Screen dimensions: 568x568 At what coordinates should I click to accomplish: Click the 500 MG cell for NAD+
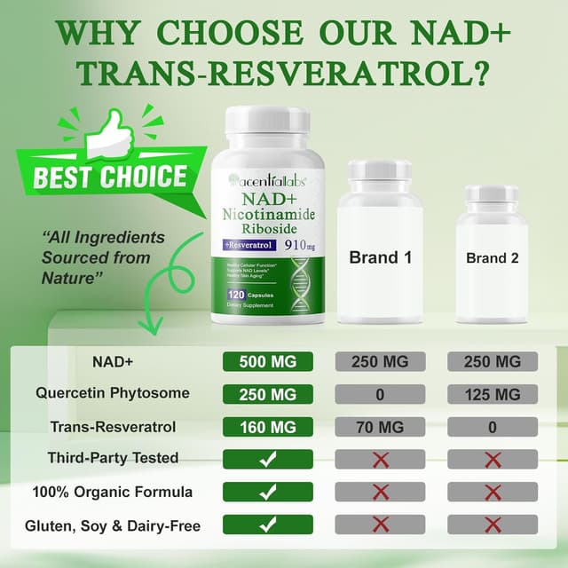click(267, 362)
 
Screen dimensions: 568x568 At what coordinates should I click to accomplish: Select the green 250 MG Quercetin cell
click(267, 394)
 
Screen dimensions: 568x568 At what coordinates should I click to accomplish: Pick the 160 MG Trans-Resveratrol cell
click(267, 427)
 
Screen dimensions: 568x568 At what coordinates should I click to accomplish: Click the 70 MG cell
click(380, 427)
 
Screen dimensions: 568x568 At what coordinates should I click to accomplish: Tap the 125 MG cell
click(493, 394)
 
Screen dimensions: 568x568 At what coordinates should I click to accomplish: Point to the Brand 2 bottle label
click(492, 259)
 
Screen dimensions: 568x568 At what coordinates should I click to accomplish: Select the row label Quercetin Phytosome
click(114, 394)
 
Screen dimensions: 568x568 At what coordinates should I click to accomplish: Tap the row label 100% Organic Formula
click(114, 491)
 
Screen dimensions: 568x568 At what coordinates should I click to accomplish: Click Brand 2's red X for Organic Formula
click(493, 492)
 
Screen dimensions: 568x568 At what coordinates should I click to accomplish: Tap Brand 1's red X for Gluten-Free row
click(380, 525)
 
